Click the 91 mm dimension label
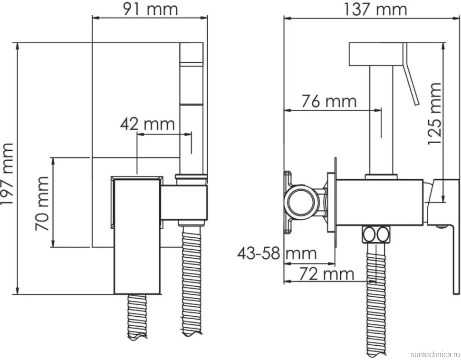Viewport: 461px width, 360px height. pyautogui.click(x=150, y=9)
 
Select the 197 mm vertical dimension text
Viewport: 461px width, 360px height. pyautogui.click(x=7, y=174)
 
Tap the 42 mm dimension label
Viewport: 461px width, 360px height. pyautogui.click(x=147, y=124)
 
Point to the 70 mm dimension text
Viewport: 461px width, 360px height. pyautogui.click(x=42, y=204)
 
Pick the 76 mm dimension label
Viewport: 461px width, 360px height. pyautogui.click(x=329, y=101)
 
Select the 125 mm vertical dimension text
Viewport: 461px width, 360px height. pyautogui.click(x=434, y=114)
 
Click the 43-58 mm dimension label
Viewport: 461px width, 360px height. pyautogui.click(x=277, y=253)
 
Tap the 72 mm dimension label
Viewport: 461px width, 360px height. pyautogui.click(x=327, y=274)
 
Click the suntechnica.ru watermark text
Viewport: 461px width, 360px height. pyautogui.click(x=434, y=354)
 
